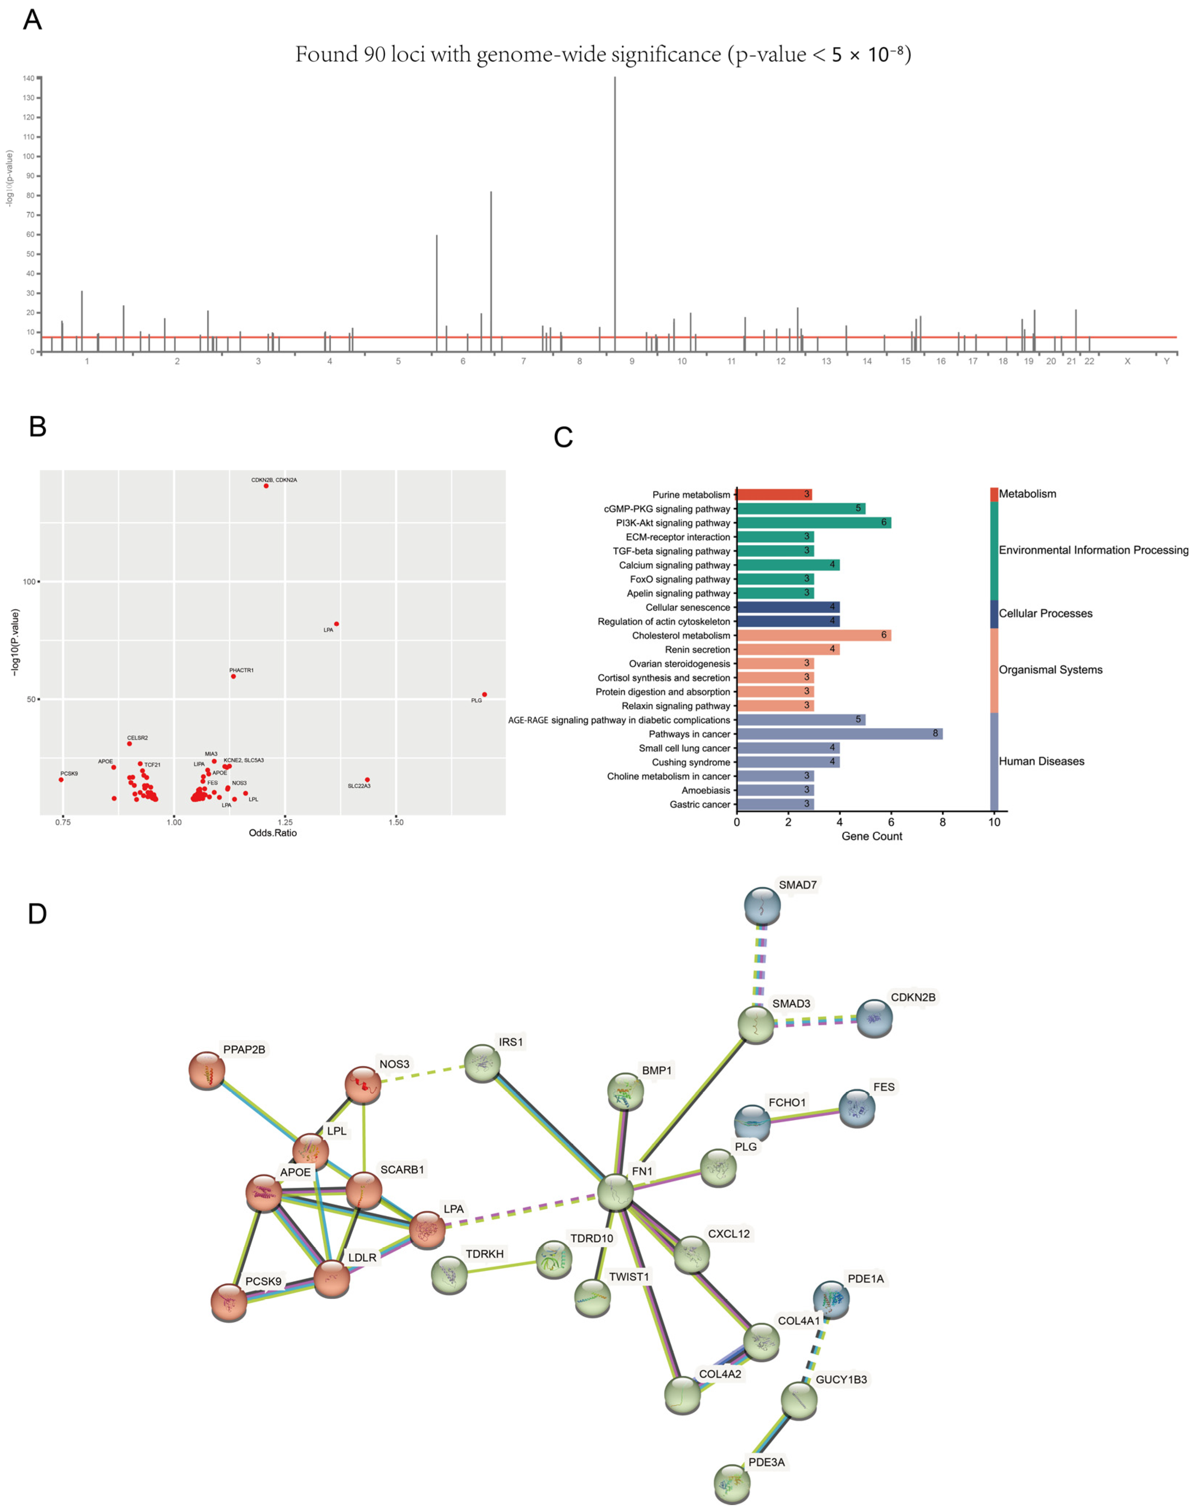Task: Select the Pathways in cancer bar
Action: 839,734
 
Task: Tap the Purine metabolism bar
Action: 774,494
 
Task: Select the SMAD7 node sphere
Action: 762,905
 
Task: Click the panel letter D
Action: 37,914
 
